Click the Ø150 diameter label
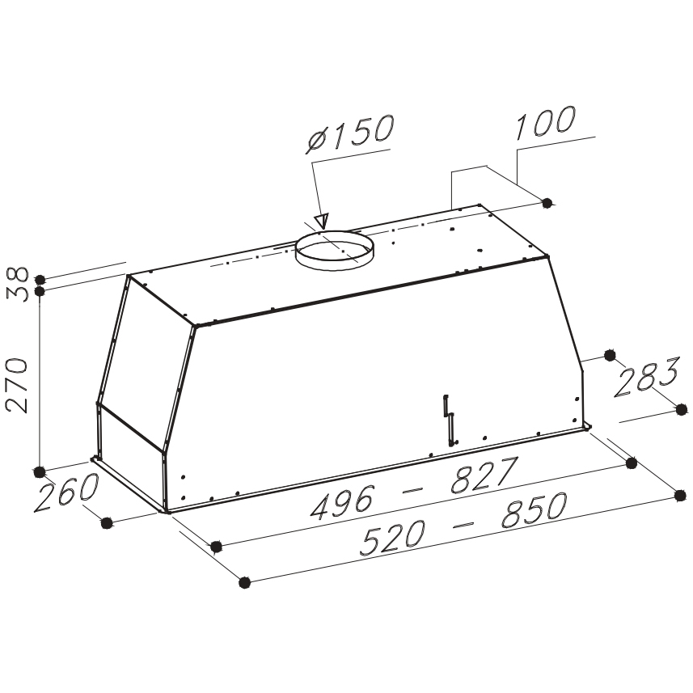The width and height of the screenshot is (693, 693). click(349, 133)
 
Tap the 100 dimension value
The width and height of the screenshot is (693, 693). click(546, 122)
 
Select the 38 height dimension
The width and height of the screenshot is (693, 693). click(19, 284)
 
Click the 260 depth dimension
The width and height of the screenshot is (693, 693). click(66, 492)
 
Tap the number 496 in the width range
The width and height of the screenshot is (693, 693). click(343, 501)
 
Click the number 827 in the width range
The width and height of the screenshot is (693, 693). click(484, 475)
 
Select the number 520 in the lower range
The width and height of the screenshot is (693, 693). click(393, 537)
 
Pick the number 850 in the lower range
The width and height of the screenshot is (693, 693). click(535, 510)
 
